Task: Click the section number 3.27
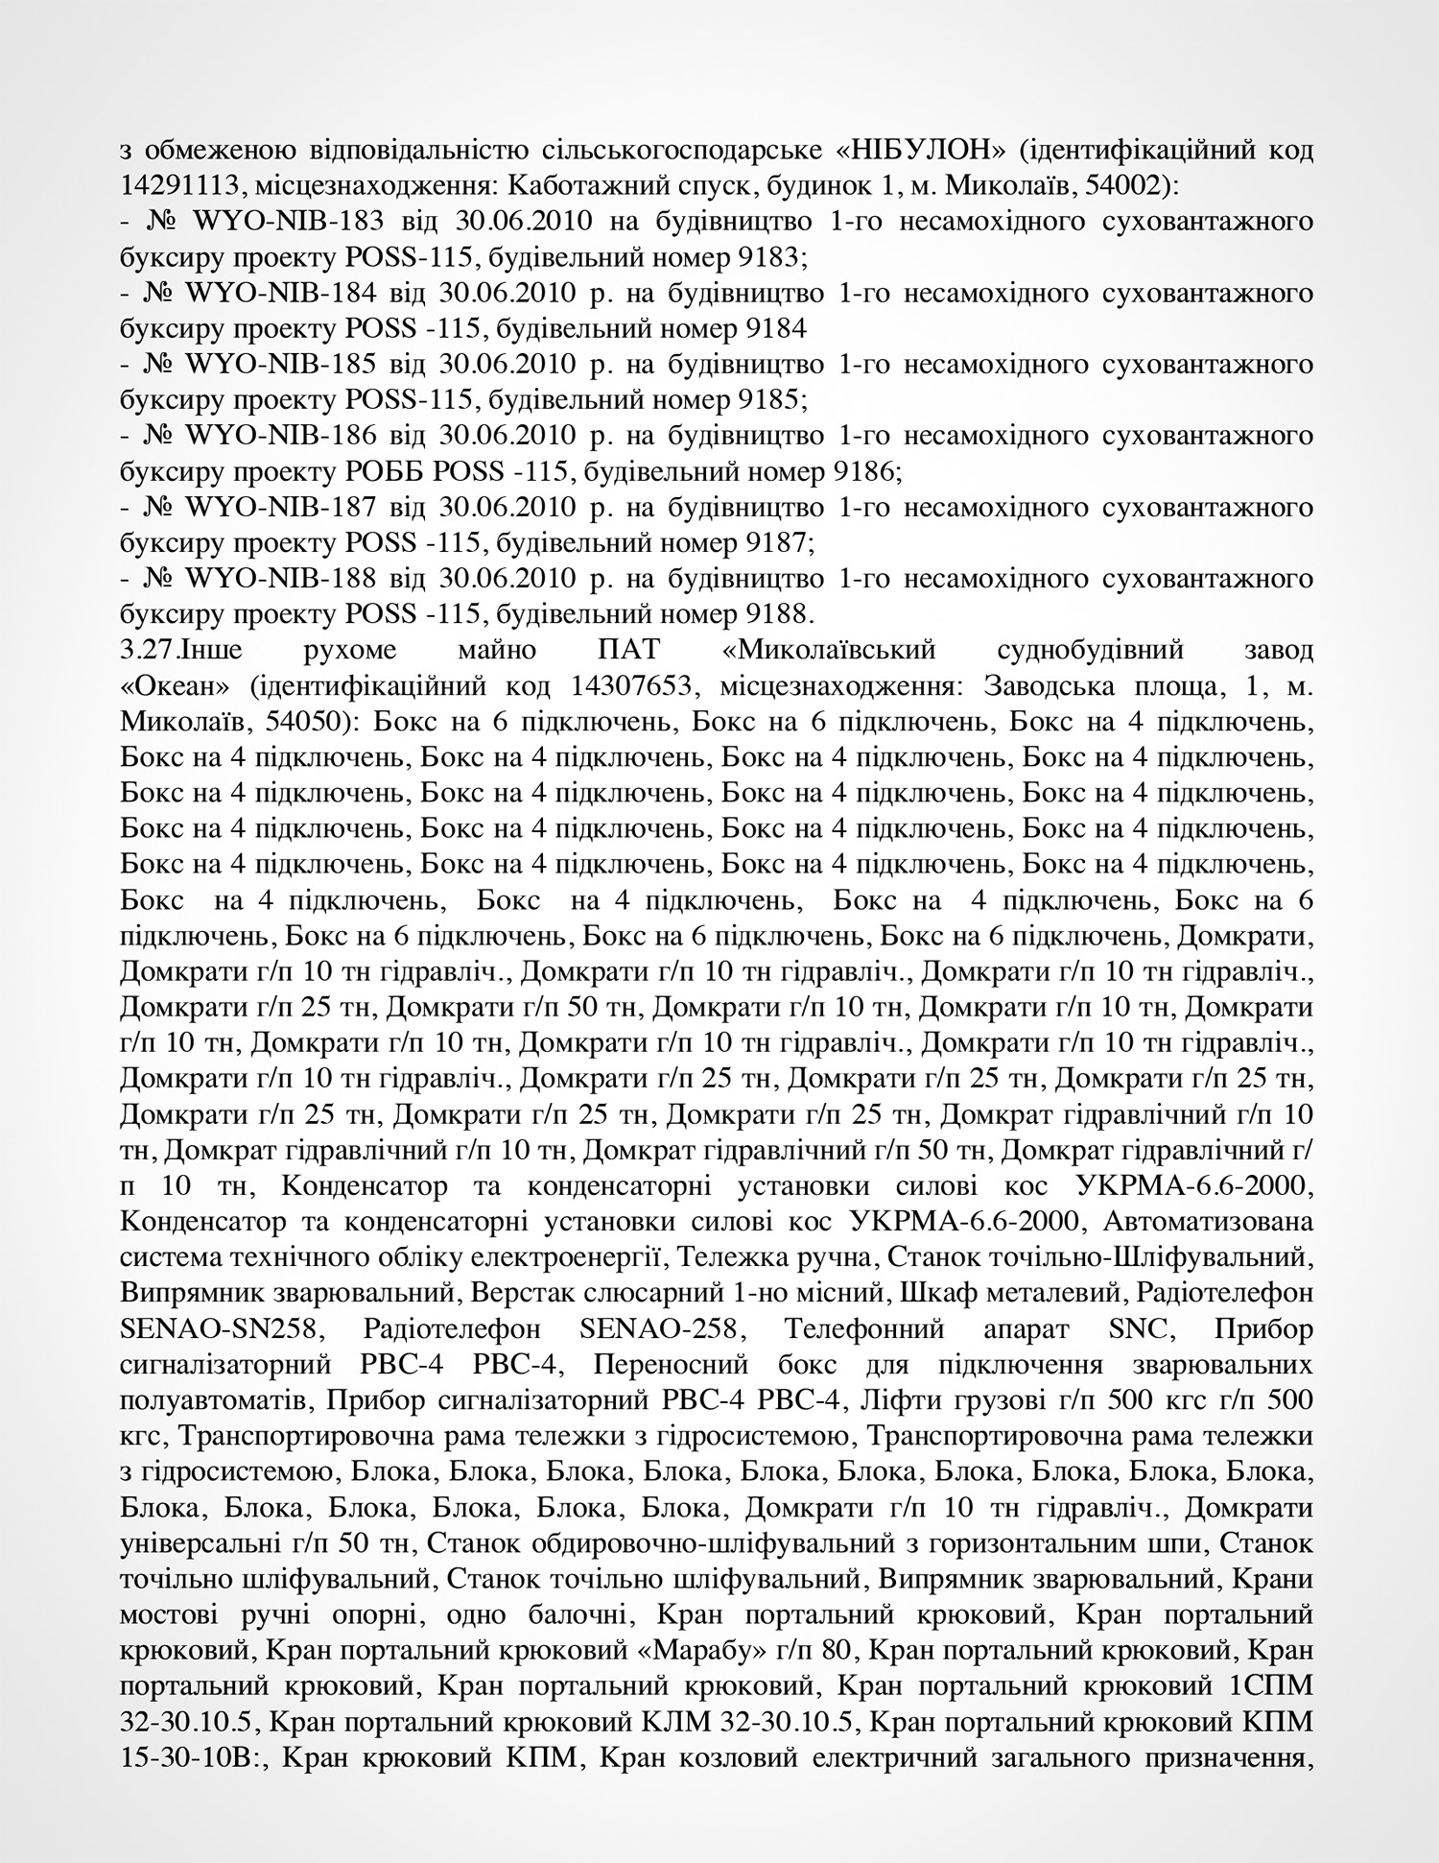[150, 650]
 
